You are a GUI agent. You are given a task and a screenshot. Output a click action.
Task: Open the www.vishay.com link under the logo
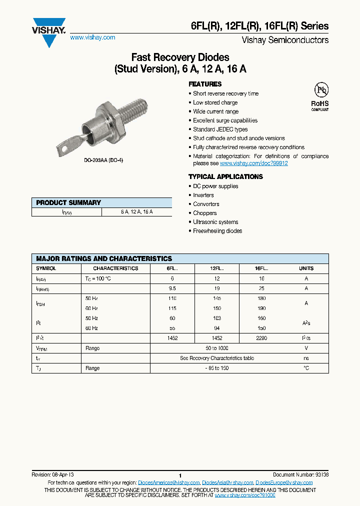pyautogui.click(x=92, y=37)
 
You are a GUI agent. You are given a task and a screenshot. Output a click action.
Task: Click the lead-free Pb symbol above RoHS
pyautogui.click(x=320, y=90)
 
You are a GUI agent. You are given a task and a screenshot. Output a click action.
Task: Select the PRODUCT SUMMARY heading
pyautogui.click(x=68, y=202)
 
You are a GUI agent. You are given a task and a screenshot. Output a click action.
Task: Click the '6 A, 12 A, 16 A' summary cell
pyautogui.click(x=136, y=212)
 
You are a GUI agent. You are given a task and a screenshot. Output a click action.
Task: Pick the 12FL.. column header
pyautogui.click(x=216, y=268)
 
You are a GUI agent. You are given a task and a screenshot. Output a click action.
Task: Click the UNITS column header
pyautogui.click(x=306, y=268)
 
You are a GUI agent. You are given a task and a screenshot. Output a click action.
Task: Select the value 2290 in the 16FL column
pyautogui.click(x=261, y=338)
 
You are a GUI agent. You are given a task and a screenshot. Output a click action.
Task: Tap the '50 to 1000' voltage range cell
pyautogui.click(x=216, y=348)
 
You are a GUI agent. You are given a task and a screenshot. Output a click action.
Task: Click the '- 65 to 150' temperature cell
pyautogui.click(x=216, y=368)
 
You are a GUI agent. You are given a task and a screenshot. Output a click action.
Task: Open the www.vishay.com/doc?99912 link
pyautogui.click(x=253, y=163)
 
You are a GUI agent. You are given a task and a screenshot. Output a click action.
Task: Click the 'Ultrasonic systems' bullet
pyautogui.click(x=215, y=222)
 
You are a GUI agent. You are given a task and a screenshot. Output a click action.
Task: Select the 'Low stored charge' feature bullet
pyautogui.click(x=215, y=102)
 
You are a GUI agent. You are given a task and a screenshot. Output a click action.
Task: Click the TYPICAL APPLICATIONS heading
pyautogui.click(x=225, y=176)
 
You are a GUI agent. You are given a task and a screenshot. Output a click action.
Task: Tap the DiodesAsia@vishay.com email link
pyautogui.click(x=227, y=482)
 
